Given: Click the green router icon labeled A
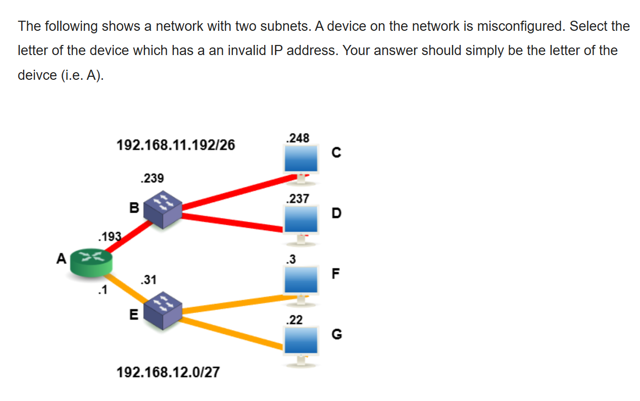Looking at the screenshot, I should (91, 263).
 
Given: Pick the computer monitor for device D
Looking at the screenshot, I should (301, 220).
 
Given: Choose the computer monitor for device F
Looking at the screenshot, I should (301, 280).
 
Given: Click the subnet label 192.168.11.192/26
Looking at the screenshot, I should (176, 145).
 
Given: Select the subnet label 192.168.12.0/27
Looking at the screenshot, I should (168, 373).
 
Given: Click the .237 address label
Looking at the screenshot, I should (297, 198).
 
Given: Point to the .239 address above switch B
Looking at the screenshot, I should (152, 178).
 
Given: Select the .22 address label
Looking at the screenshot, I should (294, 320).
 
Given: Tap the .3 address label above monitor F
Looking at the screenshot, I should (290, 259).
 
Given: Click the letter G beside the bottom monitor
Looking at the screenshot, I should (336, 334).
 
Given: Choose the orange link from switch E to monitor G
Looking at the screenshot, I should (232, 333).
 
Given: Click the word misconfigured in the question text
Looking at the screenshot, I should (515, 26).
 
